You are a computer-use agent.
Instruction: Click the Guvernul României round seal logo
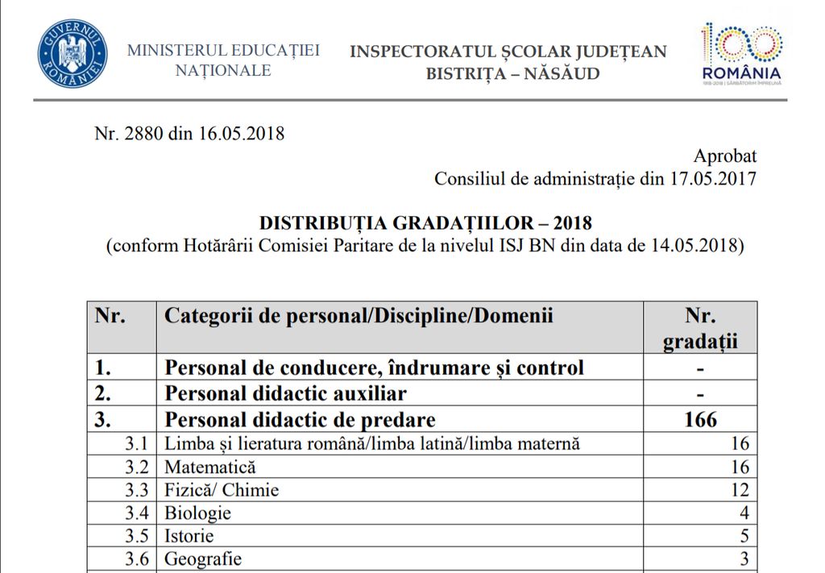pos(73,55)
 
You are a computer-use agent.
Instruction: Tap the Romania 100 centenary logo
pos(741,53)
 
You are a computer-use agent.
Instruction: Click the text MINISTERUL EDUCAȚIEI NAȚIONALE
pos(223,60)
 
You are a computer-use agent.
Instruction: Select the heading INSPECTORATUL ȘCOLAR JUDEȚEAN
pos(508,52)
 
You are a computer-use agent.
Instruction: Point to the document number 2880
pos(146,134)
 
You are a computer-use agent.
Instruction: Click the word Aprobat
pos(725,156)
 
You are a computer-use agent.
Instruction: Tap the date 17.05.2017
pos(713,178)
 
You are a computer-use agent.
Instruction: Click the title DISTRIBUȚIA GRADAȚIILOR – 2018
pos(425,222)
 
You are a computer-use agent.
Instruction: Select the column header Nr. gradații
pos(700,328)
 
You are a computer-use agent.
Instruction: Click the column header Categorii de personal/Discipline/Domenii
pos(359,315)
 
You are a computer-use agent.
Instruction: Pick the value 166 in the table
pos(700,420)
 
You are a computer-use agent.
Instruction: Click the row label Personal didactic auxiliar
pos(285,393)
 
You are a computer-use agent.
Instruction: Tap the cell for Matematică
pos(210,467)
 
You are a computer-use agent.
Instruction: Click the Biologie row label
pos(198,513)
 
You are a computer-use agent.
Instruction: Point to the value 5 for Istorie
pos(744,536)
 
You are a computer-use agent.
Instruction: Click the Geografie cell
pos(203,558)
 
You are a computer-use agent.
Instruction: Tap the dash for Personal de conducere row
pos(700,368)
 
